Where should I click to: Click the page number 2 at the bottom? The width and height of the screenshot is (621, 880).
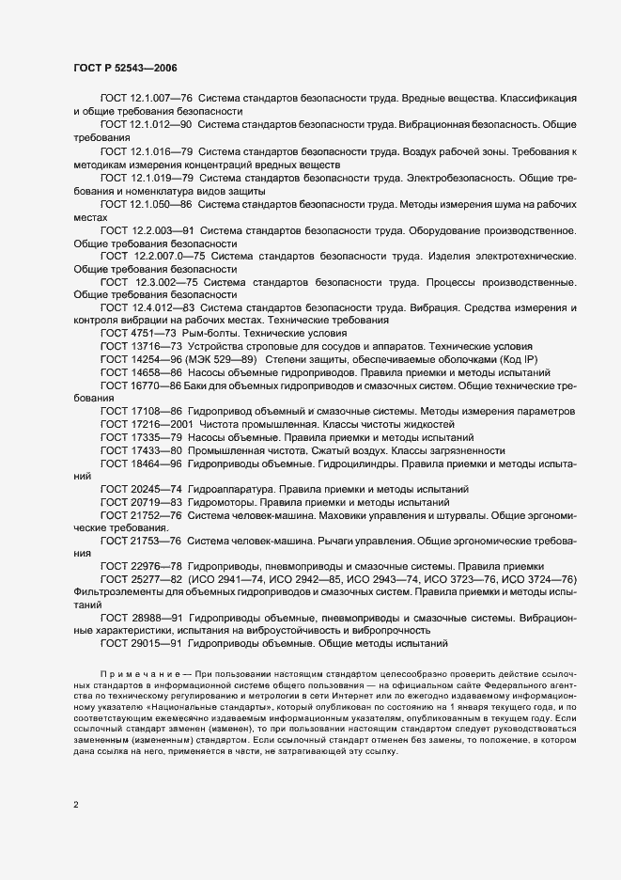[x=76, y=805]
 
